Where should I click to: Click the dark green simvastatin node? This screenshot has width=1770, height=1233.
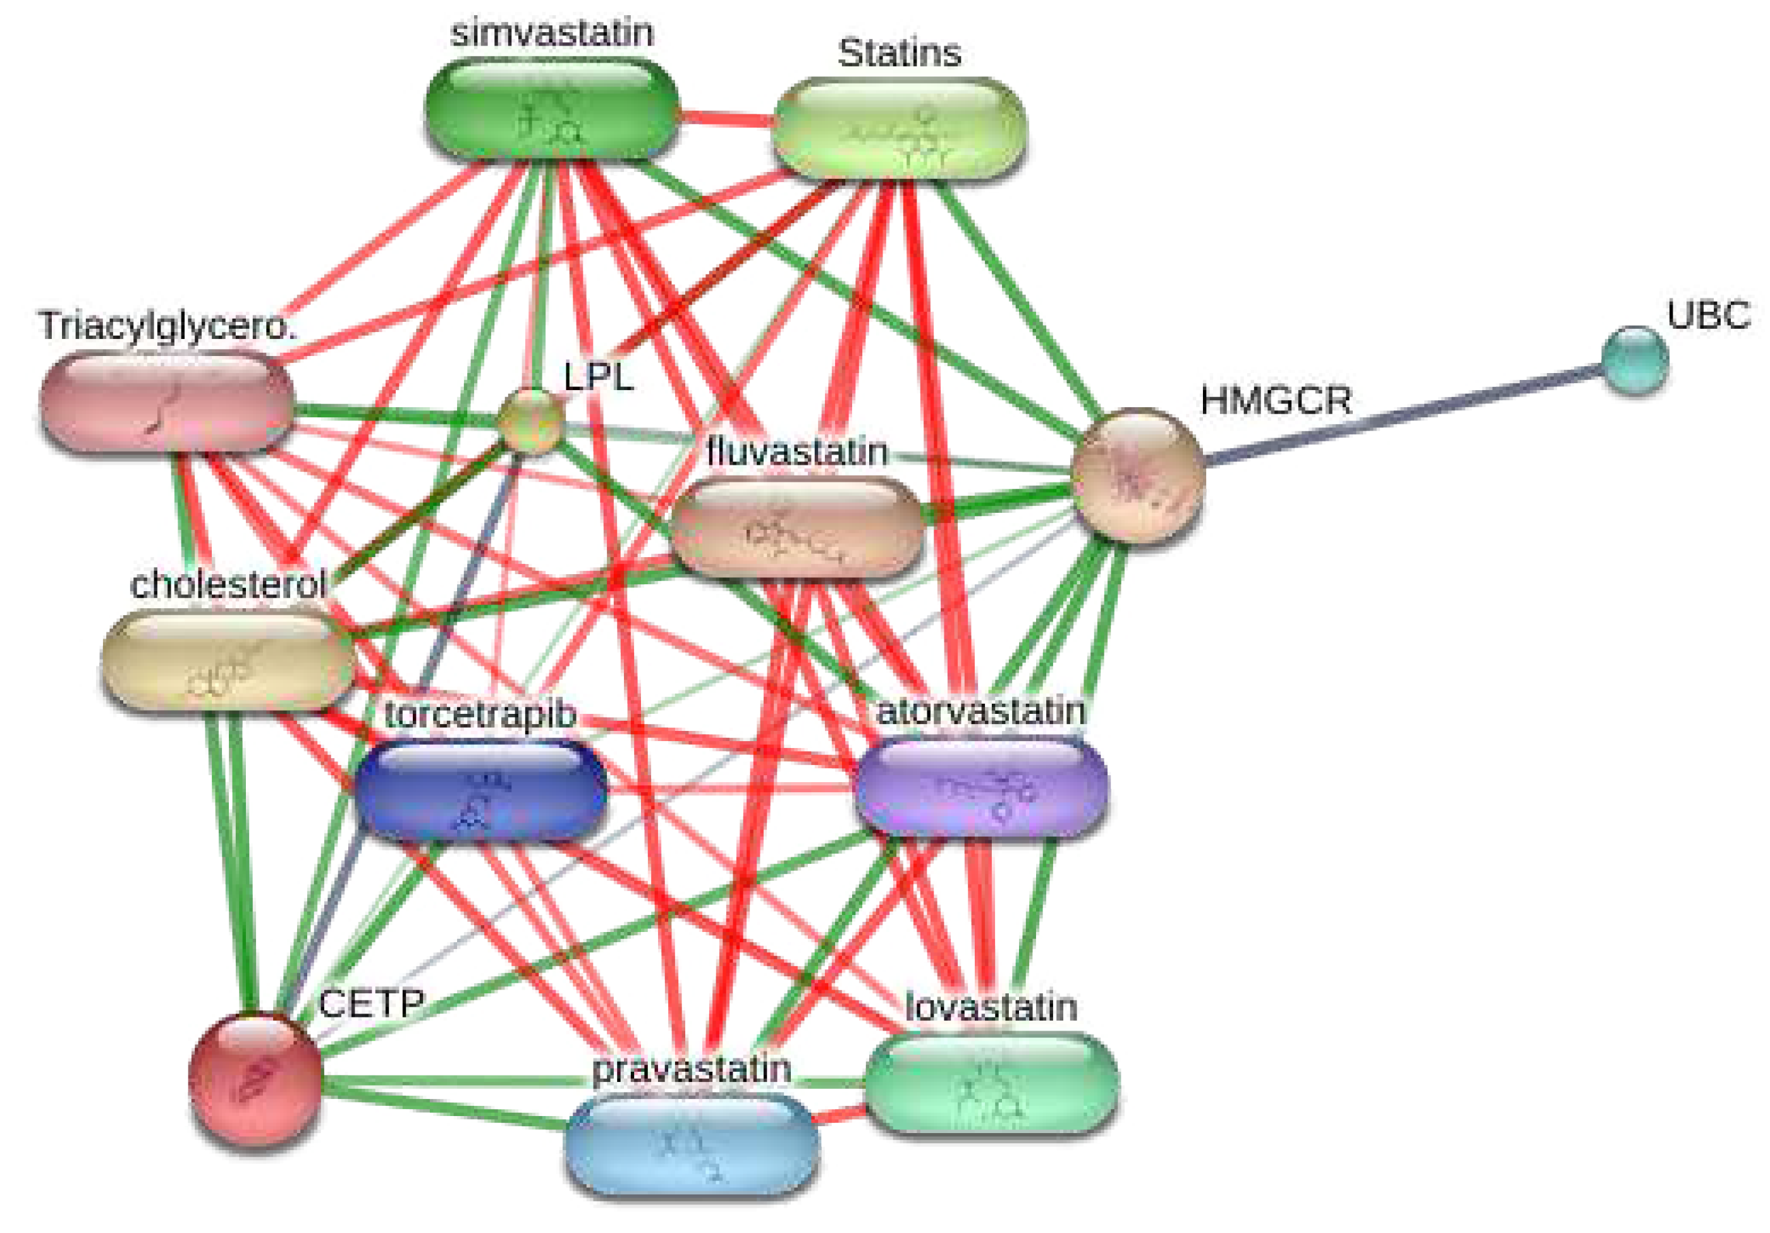[x=552, y=109]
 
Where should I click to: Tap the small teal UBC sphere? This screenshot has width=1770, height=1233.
[x=1634, y=360]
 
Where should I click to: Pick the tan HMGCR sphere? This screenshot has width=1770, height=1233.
[x=1138, y=475]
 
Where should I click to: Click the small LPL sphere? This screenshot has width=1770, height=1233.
[x=530, y=420]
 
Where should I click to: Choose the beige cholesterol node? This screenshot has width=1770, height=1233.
[x=228, y=660]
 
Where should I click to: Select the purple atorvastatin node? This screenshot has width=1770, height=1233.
[x=981, y=787]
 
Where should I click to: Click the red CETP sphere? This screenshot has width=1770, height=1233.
[x=255, y=1078]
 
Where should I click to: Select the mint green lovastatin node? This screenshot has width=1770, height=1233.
[x=991, y=1083]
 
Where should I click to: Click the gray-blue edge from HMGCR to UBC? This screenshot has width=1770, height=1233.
[x=1403, y=417]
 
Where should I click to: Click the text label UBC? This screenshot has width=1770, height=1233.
[x=1707, y=316]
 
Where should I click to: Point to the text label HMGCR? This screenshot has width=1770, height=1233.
[x=1275, y=401]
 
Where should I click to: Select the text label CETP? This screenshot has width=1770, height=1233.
[x=371, y=1004]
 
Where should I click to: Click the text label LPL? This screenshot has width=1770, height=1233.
[x=598, y=377]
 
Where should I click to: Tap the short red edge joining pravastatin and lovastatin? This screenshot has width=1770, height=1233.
[x=842, y=1113]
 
